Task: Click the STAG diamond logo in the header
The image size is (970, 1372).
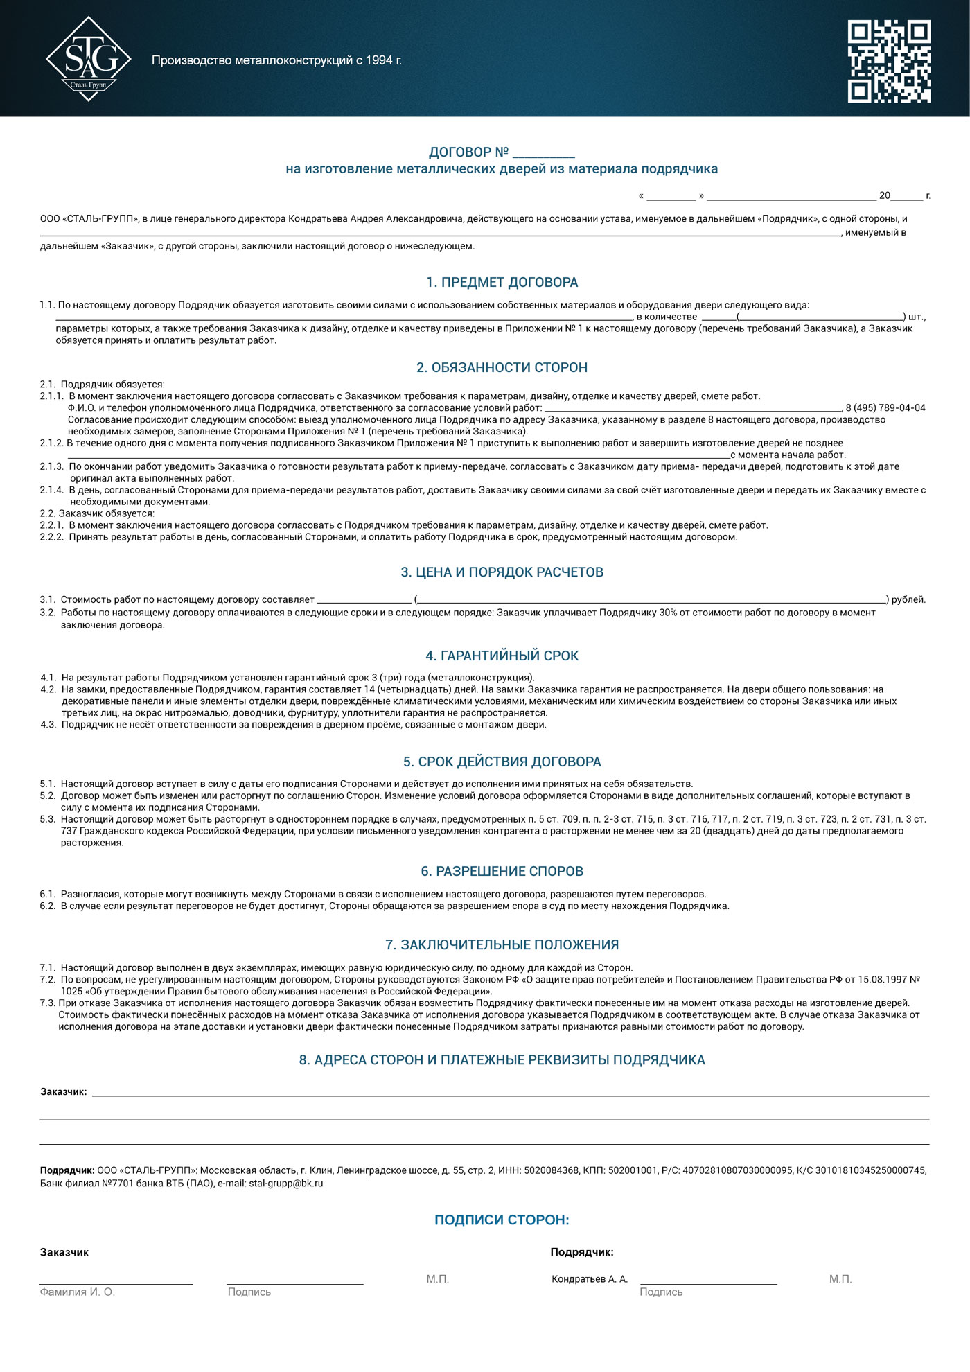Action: click(88, 60)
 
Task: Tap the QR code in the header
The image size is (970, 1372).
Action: click(889, 61)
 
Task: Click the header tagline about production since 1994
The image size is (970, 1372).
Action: click(276, 60)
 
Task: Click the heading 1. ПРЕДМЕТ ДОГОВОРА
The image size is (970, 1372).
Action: click(502, 282)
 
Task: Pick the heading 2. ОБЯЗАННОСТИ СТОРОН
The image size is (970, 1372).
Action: click(502, 367)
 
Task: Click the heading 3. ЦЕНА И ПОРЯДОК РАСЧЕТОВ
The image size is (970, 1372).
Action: click(502, 572)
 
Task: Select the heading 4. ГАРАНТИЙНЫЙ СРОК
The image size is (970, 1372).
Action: click(502, 656)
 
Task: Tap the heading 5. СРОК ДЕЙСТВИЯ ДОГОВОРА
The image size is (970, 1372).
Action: click(502, 762)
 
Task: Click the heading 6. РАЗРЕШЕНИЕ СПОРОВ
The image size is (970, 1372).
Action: click(502, 871)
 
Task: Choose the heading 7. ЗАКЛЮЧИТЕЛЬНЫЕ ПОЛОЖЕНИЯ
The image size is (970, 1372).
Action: click(502, 944)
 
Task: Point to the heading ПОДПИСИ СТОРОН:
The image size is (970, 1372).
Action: click(502, 1220)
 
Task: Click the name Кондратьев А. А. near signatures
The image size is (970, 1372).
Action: click(590, 1278)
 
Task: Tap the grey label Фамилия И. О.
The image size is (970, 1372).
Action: click(77, 1292)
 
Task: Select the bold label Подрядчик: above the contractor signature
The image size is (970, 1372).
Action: click(581, 1252)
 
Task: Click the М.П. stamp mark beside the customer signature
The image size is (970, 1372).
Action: click(437, 1278)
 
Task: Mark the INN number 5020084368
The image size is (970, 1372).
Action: click(552, 1170)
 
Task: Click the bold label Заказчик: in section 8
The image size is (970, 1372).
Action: click(64, 1091)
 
